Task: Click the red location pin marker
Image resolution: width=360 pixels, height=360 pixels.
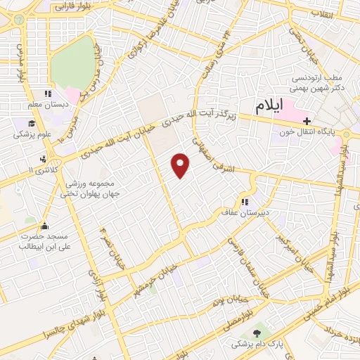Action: pyautogui.click(x=181, y=165)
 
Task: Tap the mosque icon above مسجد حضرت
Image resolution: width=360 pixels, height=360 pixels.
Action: pyautogui.click(x=46, y=226)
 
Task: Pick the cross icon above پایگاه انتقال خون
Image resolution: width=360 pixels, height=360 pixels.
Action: pyautogui.click(x=307, y=121)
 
